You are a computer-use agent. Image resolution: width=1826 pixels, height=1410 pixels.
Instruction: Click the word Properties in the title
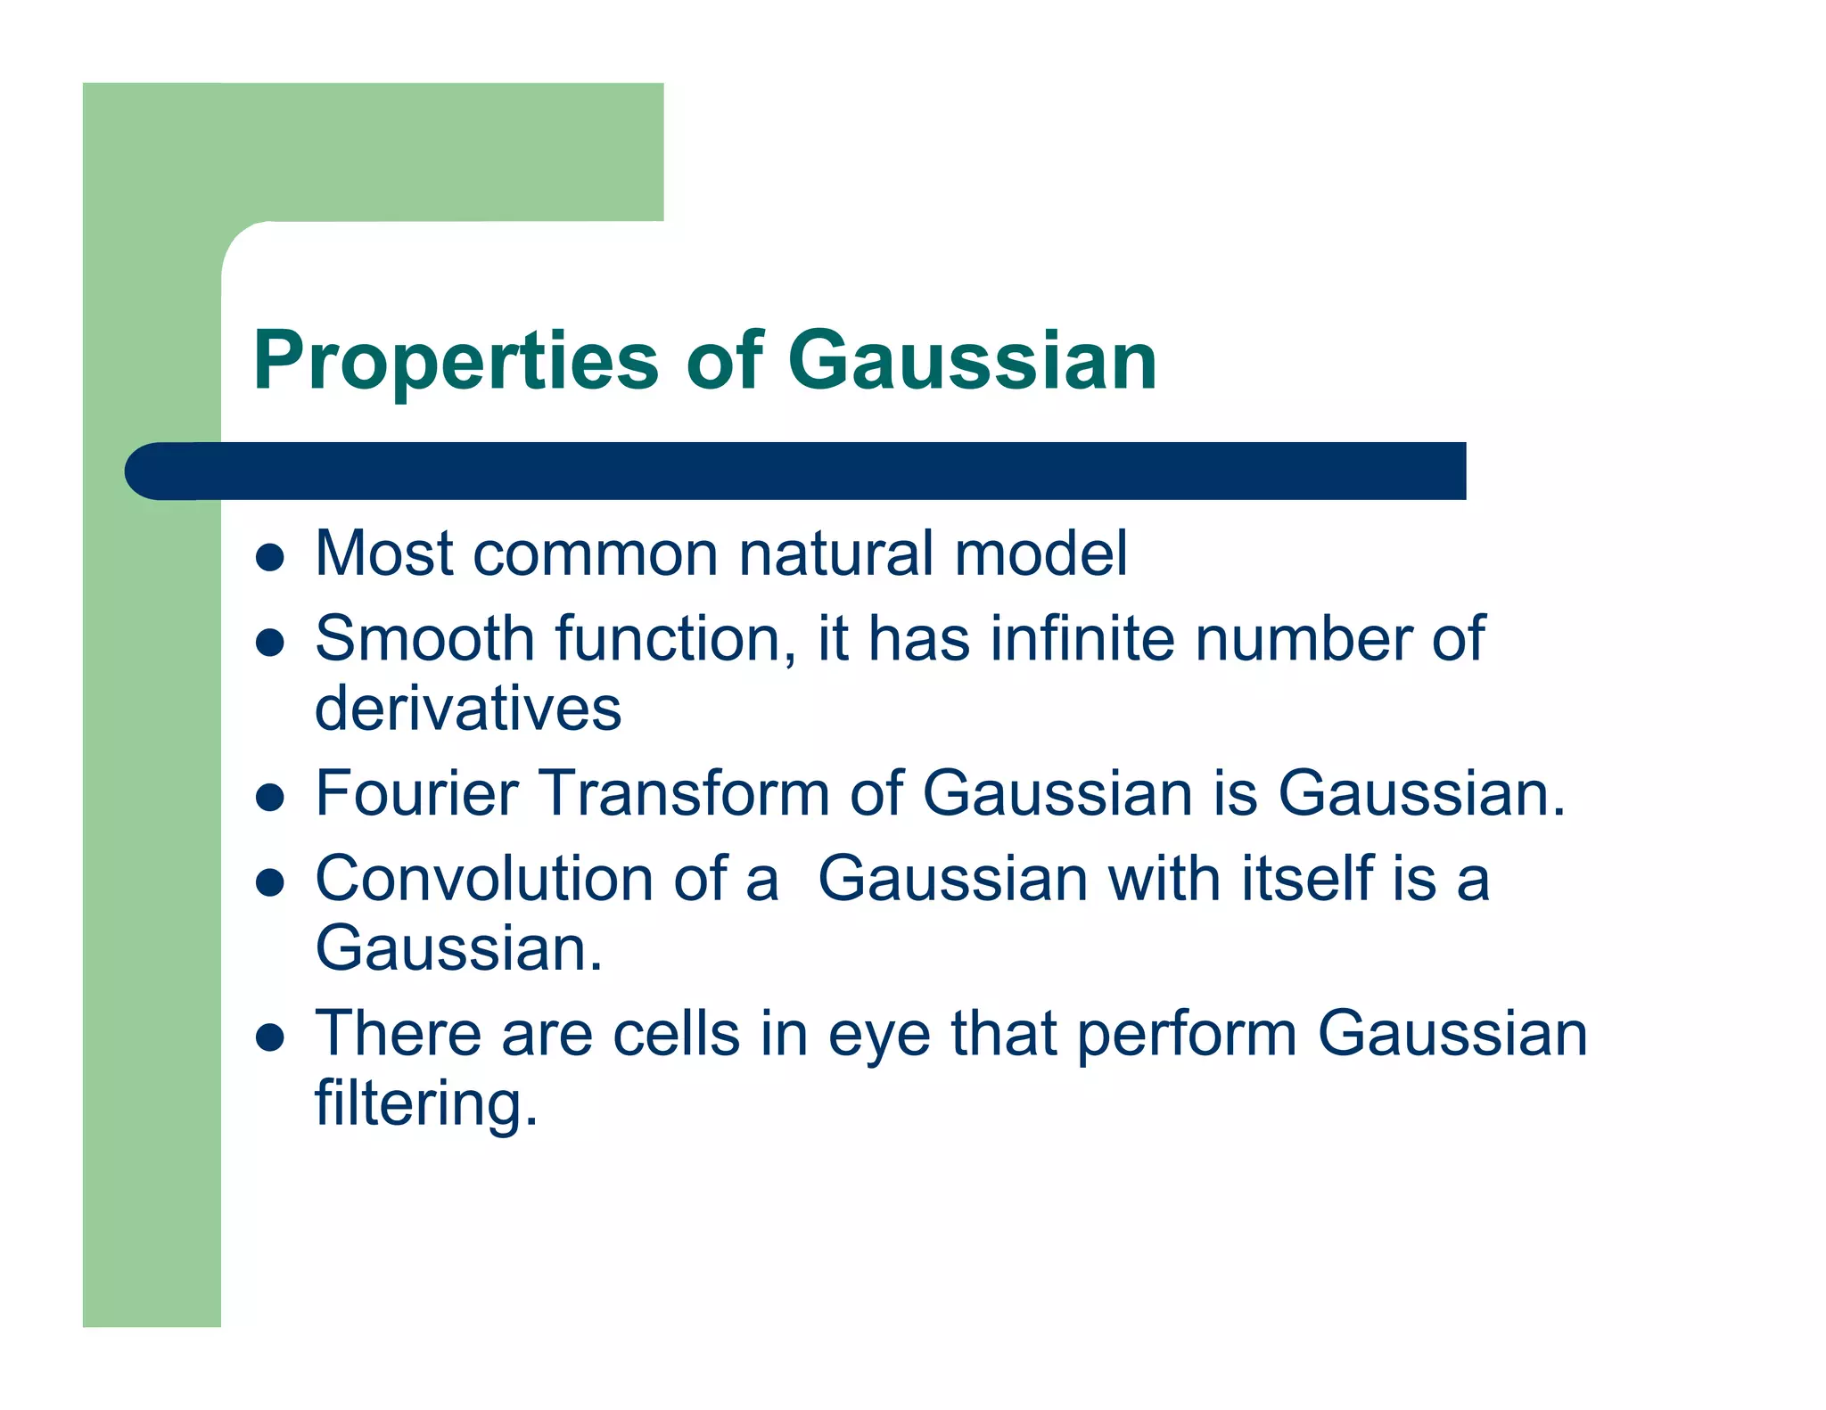pyautogui.click(x=456, y=361)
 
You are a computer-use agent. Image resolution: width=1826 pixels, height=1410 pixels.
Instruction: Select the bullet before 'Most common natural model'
pyautogui.click(x=269, y=558)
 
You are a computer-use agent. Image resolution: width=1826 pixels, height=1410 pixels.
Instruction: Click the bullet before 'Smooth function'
pyautogui.click(x=269, y=643)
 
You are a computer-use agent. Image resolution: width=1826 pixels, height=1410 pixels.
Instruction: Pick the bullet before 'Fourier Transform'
pyautogui.click(x=269, y=796)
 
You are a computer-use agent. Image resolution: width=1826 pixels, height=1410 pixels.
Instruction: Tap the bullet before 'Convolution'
pyautogui.click(x=269, y=882)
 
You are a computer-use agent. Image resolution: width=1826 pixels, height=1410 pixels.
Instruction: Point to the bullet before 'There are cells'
pyautogui.click(x=269, y=1037)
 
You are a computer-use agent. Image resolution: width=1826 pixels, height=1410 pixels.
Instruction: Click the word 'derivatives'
pyautogui.click(x=468, y=709)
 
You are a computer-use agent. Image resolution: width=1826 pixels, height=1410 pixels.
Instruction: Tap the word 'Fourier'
pyautogui.click(x=416, y=792)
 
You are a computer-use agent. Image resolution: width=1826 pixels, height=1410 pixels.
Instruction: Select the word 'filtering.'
pyautogui.click(x=426, y=1103)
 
